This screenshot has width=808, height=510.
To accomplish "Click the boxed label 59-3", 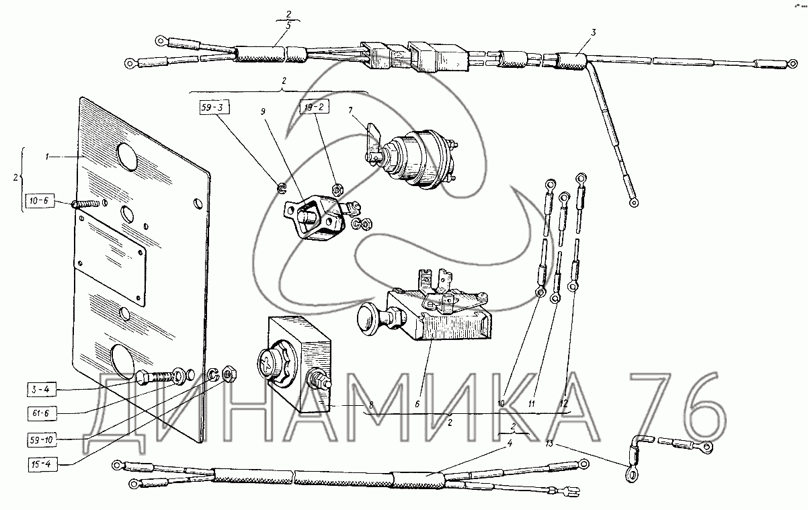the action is (x=214, y=108).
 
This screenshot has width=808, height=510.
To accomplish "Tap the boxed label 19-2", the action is (x=315, y=107).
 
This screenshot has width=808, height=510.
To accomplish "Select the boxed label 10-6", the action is (x=40, y=200).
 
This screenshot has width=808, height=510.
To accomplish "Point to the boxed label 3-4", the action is (x=42, y=390).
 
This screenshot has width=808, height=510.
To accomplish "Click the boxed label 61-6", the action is (x=42, y=413).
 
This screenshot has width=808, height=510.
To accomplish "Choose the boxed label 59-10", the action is (x=42, y=439).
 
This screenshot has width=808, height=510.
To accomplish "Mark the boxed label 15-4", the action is (x=42, y=464).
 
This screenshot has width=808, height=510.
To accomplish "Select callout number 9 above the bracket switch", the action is (x=264, y=112).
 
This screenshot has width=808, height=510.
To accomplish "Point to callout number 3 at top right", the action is (x=594, y=32).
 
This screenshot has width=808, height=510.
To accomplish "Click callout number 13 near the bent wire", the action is (x=549, y=443).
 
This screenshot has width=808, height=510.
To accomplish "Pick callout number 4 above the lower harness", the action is (x=510, y=443).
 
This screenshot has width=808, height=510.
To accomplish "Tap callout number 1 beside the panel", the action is (x=47, y=157).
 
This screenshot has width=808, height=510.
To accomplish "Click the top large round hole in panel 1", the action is (x=127, y=157).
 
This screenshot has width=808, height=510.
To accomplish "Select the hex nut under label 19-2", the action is (x=337, y=189).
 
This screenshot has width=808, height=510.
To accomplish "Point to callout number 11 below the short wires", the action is (x=531, y=404).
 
